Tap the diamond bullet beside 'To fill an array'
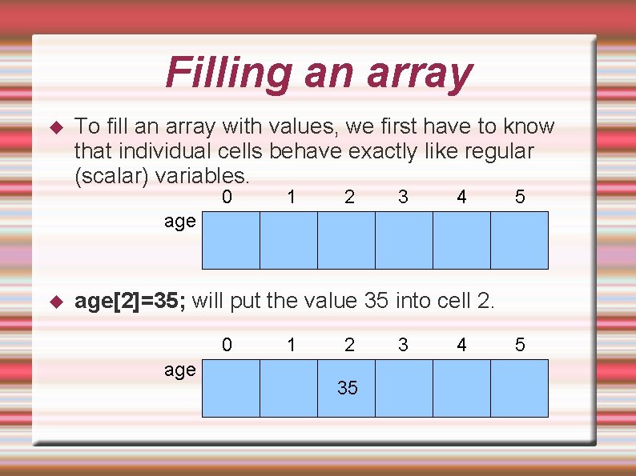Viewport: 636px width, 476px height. point(56,127)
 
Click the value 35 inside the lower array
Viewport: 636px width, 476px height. point(348,388)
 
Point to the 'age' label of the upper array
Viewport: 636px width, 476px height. point(179,221)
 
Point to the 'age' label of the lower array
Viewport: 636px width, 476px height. point(179,369)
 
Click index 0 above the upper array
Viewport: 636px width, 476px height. point(227,196)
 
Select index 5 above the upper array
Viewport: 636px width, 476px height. point(520,196)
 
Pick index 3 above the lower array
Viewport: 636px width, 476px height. point(403,345)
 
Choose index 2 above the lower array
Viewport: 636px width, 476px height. point(349,345)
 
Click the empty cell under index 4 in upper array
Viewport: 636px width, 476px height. point(461,240)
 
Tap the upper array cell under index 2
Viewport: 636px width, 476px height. point(346,240)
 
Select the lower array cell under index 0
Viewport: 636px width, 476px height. point(231,388)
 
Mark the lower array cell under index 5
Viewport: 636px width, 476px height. point(519,388)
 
